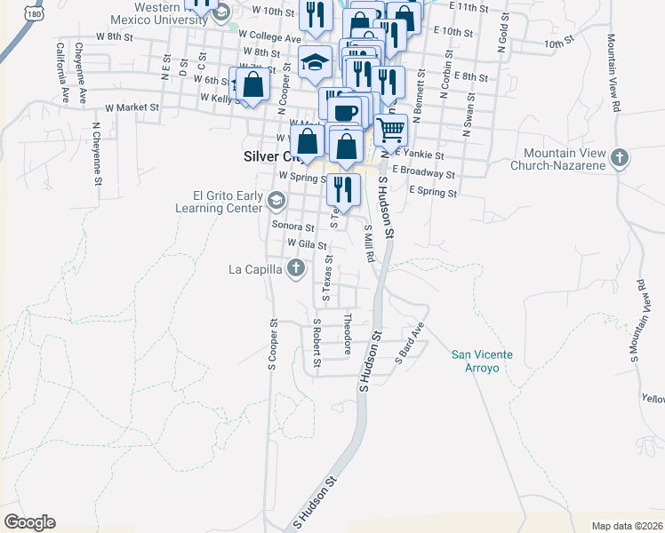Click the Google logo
click(29, 522)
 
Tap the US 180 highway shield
click(34, 12)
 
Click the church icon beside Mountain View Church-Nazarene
click(621, 160)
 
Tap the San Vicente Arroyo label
click(482, 361)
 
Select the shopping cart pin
click(391, 130)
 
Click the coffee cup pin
click(345, 112)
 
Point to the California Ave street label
click(60, 69)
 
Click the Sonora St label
click(293, 227)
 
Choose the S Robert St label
click(316, 344)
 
